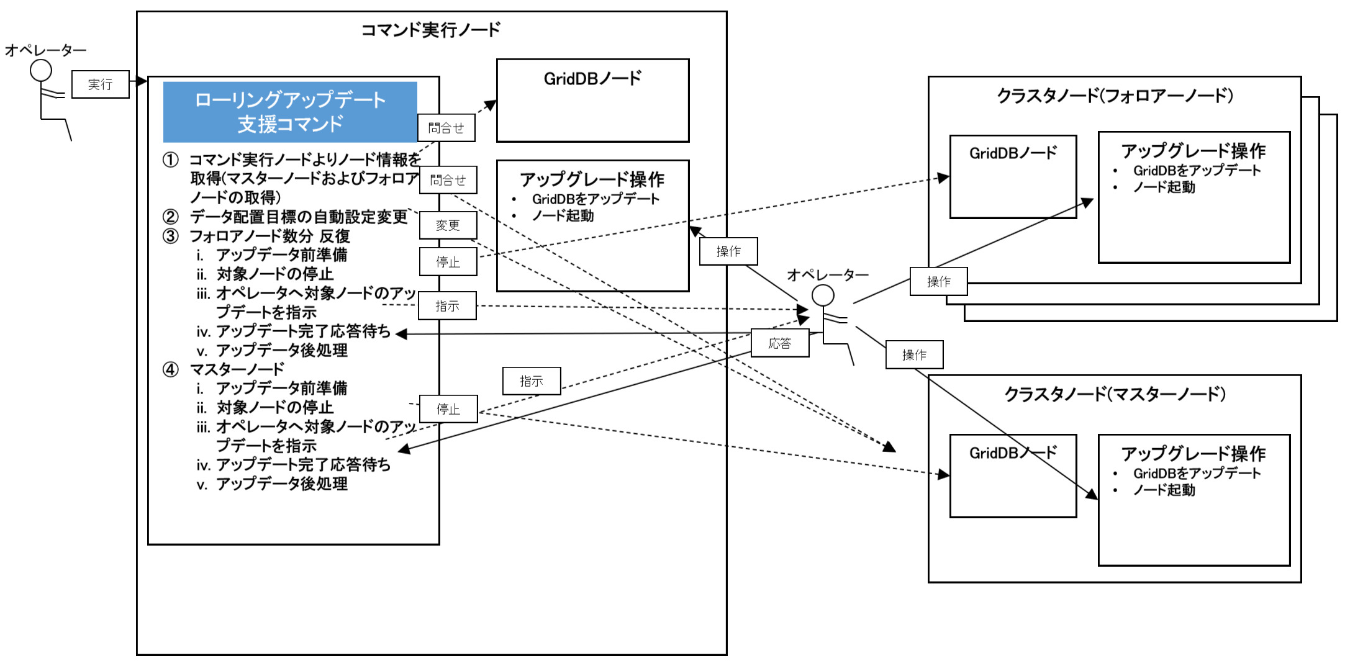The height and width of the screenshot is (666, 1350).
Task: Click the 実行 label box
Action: pyautogui.click(x=100, y=84)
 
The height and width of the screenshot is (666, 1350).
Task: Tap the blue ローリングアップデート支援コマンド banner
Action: pyautogui.click(x=290, y=112)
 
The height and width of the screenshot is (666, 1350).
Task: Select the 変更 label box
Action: pyautogui.click(x=448, y=225)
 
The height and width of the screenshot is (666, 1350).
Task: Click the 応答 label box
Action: pyautogui.click(x=780, y=343)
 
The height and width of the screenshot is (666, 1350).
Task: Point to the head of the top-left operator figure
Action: pyautogui.click(x=41, y=70)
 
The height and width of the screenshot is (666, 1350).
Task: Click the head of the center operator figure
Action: pyautogui.click(x=823, y=295)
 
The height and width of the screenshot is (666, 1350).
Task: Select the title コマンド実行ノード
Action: pyautogui.click(x=431, y=30)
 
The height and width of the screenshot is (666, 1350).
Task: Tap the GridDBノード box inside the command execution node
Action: pyautogui.click(x=592, y=101)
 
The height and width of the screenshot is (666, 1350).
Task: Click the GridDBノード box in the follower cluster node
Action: pyautogui.click(x=1013, y=177)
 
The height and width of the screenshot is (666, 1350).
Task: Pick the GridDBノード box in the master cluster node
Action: pyautogui.click(x=1013, y=476)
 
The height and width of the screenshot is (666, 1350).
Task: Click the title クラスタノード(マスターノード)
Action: pyautogui.click(x=1115, y=394)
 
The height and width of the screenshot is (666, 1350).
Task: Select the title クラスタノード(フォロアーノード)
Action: pyautogui.click(x=1115, y=96)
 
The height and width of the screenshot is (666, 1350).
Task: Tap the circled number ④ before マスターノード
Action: pyautogui.click(x=170, y=370)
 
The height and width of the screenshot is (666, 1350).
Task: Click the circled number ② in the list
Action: pyautogui.click(x=170, y=217)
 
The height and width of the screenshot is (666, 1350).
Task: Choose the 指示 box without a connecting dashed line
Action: pyautogui.click(x=532, y=381)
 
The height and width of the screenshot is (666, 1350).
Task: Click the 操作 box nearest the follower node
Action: pyautogui.click(x=938, y=282)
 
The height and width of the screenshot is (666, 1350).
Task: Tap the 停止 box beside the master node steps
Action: pyautogui.click(x=448, y=409)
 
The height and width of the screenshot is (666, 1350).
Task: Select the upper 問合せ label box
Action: pyautogui.click(x=446, y=128)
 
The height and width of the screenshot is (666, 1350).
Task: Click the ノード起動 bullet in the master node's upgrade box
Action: pyautogui.click(x=1164, y=490)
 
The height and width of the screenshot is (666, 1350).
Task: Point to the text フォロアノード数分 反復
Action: pyautogui.click(x=270, y=236)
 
